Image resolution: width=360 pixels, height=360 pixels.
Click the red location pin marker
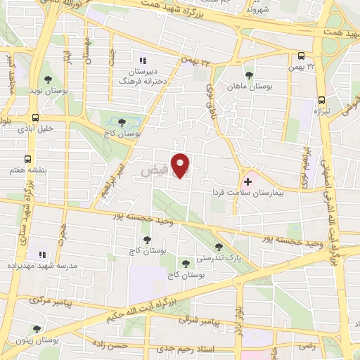[x=181, y=165]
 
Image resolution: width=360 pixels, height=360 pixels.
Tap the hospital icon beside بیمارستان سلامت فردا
[x=247, y=181]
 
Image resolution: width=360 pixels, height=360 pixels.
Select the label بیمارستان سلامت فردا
[x=247, y=192]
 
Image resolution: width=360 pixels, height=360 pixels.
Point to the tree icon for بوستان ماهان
[x=247, y=75]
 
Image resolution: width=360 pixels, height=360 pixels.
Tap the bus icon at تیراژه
[x=321, y=100]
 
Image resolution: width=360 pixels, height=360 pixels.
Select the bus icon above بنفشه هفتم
[x=27, y=159]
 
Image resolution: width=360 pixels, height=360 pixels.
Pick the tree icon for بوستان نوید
[x=48, y=79]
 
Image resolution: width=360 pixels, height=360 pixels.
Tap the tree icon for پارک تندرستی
[x=219, y=247]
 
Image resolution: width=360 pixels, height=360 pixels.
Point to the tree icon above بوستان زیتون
[x=37, y=328]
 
